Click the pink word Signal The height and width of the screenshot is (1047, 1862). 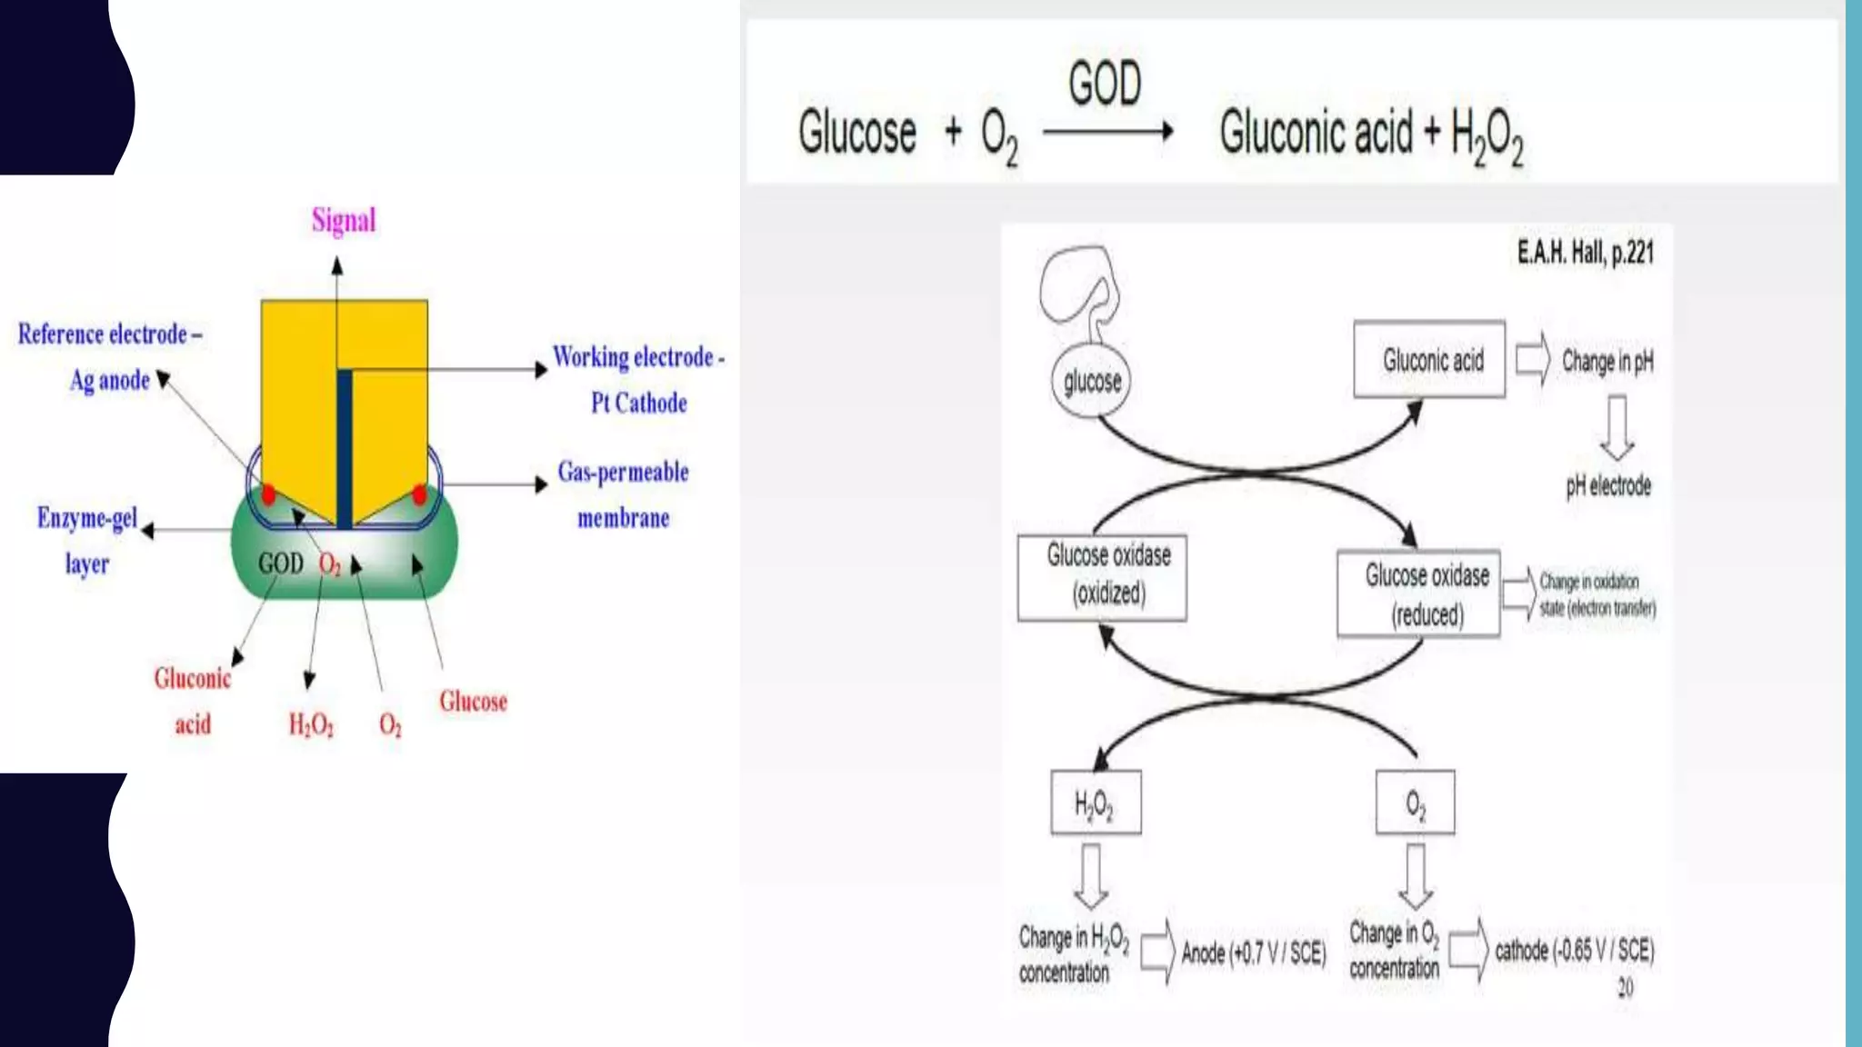[x=343, y=220]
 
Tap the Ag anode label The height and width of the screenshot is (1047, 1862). [x=110, y=380]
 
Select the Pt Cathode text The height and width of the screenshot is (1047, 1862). [x=638, y=403]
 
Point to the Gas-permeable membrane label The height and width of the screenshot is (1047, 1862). [x=623, y=494]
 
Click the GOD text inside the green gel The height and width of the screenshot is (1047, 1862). [x=280, y=563]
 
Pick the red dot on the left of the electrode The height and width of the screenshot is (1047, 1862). [x=268, y=494]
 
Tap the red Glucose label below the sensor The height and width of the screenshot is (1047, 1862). [x=473, y=701]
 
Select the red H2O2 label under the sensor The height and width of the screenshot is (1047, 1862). [x=311, y=724]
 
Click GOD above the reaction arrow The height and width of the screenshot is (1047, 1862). [x=1105, y=84]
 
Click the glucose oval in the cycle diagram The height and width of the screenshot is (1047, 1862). [x=1092, y=381]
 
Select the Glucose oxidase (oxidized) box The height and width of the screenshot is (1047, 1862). [x=1102, y=577]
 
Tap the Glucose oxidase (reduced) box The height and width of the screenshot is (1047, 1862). [x=1418, y=593]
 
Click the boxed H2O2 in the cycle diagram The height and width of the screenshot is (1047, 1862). [x=1096, y=803]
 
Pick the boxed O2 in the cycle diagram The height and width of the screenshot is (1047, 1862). [x=1415, y=803]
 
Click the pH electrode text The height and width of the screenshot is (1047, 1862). [x=1607, y=485]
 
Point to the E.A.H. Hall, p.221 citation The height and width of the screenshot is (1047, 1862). [x=1585, y=252]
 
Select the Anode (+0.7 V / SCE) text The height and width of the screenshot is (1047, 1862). [x=1253, y=952]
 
